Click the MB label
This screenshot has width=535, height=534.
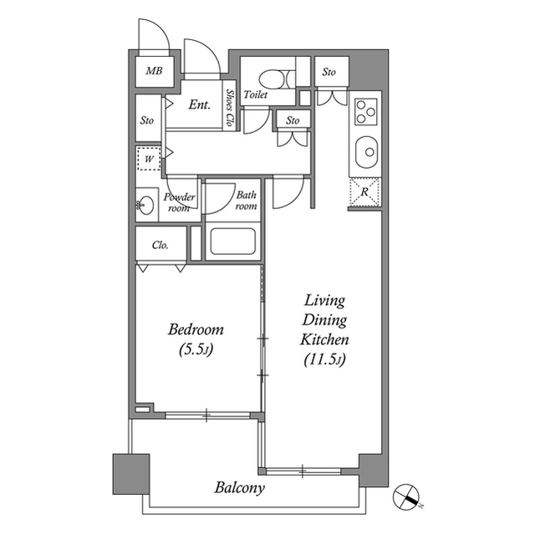point(154,71)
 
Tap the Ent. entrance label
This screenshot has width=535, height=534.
point(199,104)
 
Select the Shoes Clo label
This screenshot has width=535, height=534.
point(230,108)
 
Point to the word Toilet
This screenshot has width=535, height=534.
point(256,94)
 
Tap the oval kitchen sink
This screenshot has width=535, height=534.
point(366,152)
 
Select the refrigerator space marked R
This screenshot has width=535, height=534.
point(364,192)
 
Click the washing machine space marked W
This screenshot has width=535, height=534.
point(149,159)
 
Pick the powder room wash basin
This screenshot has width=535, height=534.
point(145,206)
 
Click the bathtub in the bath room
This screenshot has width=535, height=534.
point(233,241)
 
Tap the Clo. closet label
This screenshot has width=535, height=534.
point(160,245)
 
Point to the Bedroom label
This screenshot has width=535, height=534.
point(196,329)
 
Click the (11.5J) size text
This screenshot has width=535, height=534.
point(324,359)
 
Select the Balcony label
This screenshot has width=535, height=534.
point(240,488)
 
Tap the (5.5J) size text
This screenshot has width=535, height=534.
point(196,349)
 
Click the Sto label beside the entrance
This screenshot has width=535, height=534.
point(147,120)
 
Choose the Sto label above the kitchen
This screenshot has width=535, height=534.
point(329,72)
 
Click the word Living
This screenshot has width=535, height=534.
point(324,300)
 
